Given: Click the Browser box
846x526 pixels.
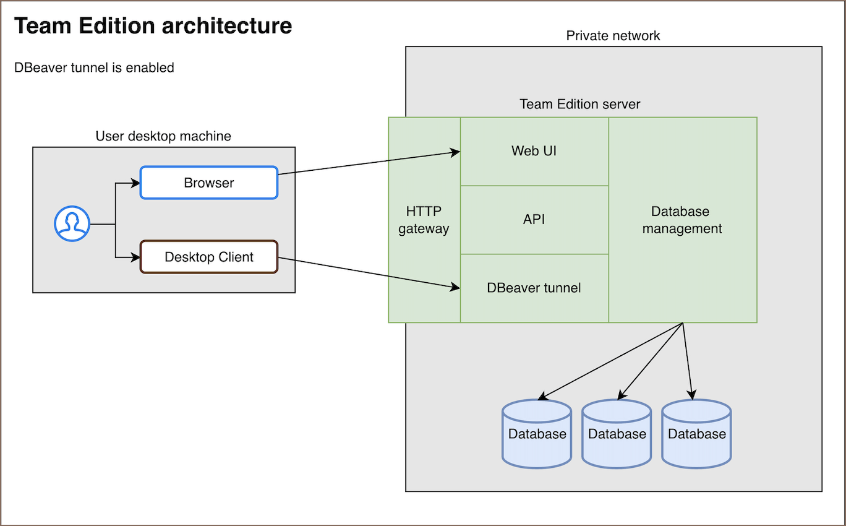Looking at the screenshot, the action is (209, 183).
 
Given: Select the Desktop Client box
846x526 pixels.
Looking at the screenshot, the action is (209, 257).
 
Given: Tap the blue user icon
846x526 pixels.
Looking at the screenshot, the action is (72, 223).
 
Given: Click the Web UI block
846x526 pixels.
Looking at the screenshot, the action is (534, 151).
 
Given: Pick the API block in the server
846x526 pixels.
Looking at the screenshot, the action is (534, 220).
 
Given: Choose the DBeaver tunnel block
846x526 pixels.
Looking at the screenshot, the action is (534, 288).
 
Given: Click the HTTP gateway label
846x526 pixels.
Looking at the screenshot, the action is (424, 220).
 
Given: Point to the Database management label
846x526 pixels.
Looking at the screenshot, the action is (682, 220).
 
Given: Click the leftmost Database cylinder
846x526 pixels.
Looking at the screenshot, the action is (537, 434).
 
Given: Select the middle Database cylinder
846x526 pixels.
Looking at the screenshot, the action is (617, 434).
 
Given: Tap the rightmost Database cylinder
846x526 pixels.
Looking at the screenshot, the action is (696, 434).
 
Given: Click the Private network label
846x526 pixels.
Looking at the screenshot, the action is (613, 36).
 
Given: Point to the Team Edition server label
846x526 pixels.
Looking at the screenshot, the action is (579, 104).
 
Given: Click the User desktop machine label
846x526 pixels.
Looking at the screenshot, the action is (163, 136).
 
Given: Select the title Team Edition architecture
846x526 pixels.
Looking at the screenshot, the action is (153, 26).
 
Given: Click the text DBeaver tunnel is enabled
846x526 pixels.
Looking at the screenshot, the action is (94, 67).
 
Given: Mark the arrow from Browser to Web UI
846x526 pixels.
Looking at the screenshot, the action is (369, 163).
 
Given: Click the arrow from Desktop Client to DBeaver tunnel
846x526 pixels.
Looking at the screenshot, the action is (369, 273).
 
